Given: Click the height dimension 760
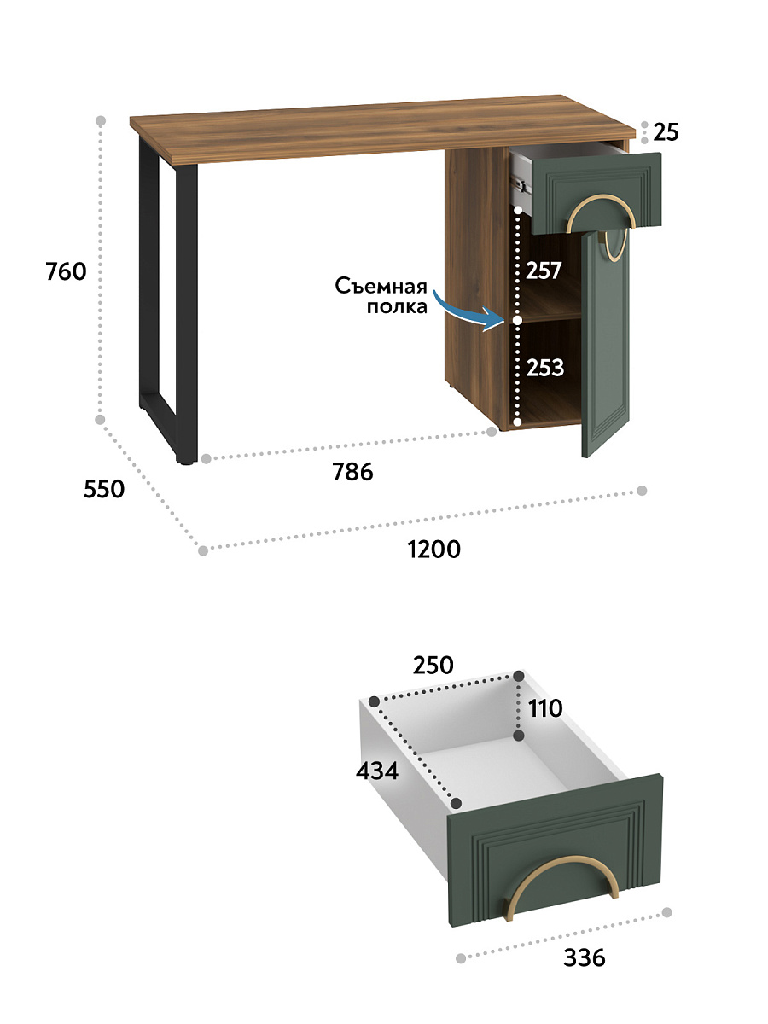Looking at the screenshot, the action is coord(66,271).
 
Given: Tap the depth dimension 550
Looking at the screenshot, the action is coord(104,489).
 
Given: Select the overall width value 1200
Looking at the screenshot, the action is coord(434,549).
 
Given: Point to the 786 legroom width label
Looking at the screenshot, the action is coord(352,472).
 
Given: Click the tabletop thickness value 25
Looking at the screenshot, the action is coord(666,132).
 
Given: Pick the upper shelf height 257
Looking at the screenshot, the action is coord(544,271).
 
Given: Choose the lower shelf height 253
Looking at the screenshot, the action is coord(545,368).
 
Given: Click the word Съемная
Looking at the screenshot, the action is coord(381,286).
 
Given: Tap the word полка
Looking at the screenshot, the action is coord(397,307).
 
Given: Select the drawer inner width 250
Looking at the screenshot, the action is coord(433,666).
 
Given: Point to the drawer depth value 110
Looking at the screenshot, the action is coord(545,708).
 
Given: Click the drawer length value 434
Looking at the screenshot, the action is coord(377,771).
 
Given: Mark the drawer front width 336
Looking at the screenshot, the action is coord(585,957).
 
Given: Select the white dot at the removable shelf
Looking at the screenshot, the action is coord(517,320).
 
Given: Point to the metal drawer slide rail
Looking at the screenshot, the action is coord(522,188).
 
